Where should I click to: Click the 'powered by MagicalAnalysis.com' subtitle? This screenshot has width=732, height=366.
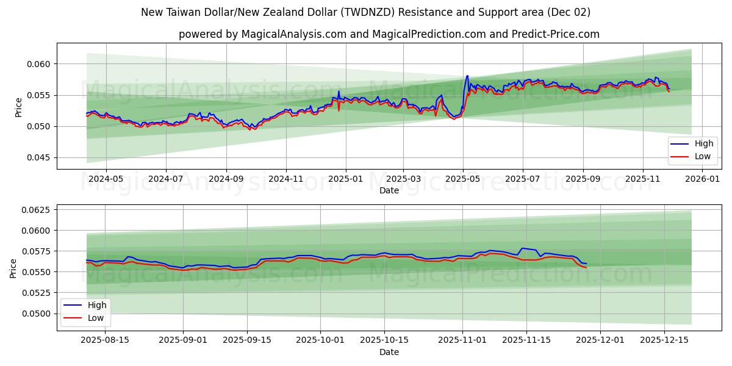(389, 34)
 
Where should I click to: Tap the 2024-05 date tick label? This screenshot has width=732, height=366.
(106, 179)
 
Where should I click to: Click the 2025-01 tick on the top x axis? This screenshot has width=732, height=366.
(345, 179)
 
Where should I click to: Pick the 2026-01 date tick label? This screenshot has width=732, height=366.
(703, 179)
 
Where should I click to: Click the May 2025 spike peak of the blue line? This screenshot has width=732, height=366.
(467, 76)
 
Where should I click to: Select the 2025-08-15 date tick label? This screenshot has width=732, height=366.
(105, 340)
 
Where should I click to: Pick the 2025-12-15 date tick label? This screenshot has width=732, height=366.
(664, 340)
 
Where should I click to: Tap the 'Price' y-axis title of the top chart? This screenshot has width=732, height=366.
(18, 107)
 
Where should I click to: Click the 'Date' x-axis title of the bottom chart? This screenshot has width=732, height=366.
(389, 352)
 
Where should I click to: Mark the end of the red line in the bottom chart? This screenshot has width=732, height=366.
(586, 268)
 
